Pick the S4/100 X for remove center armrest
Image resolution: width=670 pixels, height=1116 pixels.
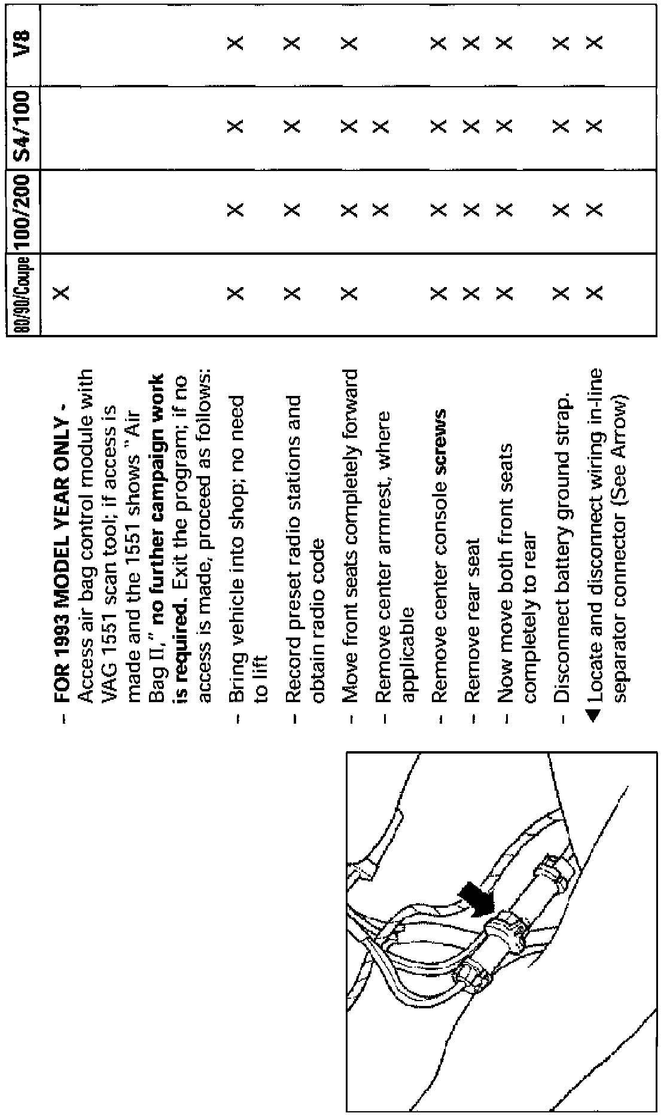pyautogui.click(x=381, y=127)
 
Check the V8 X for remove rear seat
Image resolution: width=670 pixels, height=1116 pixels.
pyautogui.click(x=472, y=43)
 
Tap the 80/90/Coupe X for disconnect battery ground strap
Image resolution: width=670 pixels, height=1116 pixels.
pyautogui.click(x=561, y=294)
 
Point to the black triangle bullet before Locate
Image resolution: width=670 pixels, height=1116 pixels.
pyautogui.click(x=593, y=715)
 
